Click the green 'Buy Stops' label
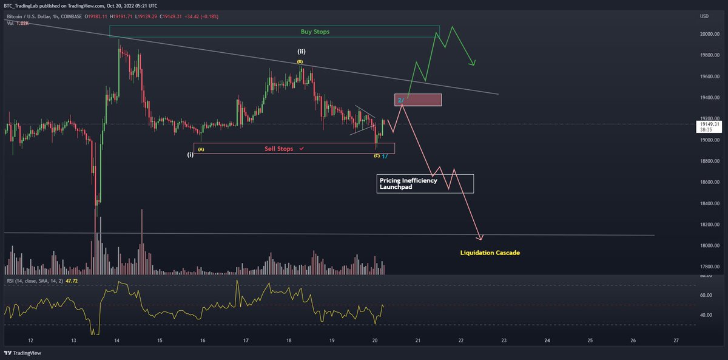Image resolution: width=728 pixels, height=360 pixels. (x=315, y=32)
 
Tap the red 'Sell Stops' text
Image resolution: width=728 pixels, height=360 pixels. (x=280, y=148)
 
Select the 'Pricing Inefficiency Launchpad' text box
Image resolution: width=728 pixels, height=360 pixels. (x=425, y=184)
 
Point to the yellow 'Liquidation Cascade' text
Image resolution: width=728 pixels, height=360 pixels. (x=490, y=253)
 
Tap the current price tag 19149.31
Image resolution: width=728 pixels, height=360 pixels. (x=708, y=124)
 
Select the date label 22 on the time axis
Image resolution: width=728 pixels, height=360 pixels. (x=461, y=341)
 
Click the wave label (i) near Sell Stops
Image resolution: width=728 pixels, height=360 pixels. (x=190, y=155)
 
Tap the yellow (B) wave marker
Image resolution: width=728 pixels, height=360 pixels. (x=300, y=62)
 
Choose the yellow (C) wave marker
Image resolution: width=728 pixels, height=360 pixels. (x=377, y=156)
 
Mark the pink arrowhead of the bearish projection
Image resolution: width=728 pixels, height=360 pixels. (x=480, y=238)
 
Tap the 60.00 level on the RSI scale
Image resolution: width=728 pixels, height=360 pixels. (x=706, y=296)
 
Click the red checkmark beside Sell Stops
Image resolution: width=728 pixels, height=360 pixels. (x=302, y=148)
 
